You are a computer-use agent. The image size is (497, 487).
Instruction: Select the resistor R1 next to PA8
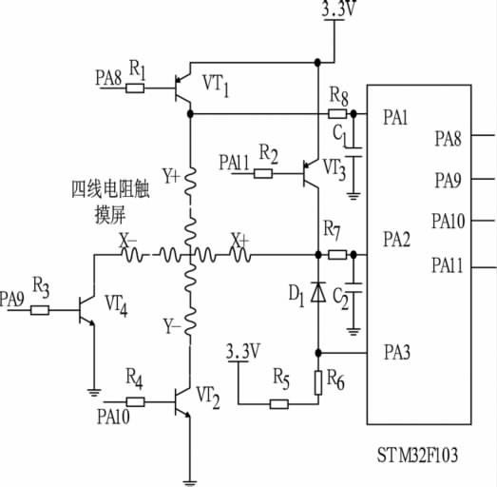[x=135, y=88]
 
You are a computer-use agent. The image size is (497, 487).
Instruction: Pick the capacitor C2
[x=353, y=287]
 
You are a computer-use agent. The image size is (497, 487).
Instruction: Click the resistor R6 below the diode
[x=317, y=380]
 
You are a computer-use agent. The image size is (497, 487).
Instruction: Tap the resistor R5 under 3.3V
[x=279, y=403]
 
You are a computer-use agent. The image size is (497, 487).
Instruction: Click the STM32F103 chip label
[x=419, y=456]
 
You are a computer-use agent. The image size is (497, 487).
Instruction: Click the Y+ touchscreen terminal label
[x=171, y=175]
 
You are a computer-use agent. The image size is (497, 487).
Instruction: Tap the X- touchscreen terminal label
[x=127, y=243]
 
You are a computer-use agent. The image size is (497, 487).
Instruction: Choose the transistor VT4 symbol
[x=87, y=309]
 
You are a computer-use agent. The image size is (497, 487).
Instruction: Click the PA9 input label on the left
[x=13, y=298]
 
